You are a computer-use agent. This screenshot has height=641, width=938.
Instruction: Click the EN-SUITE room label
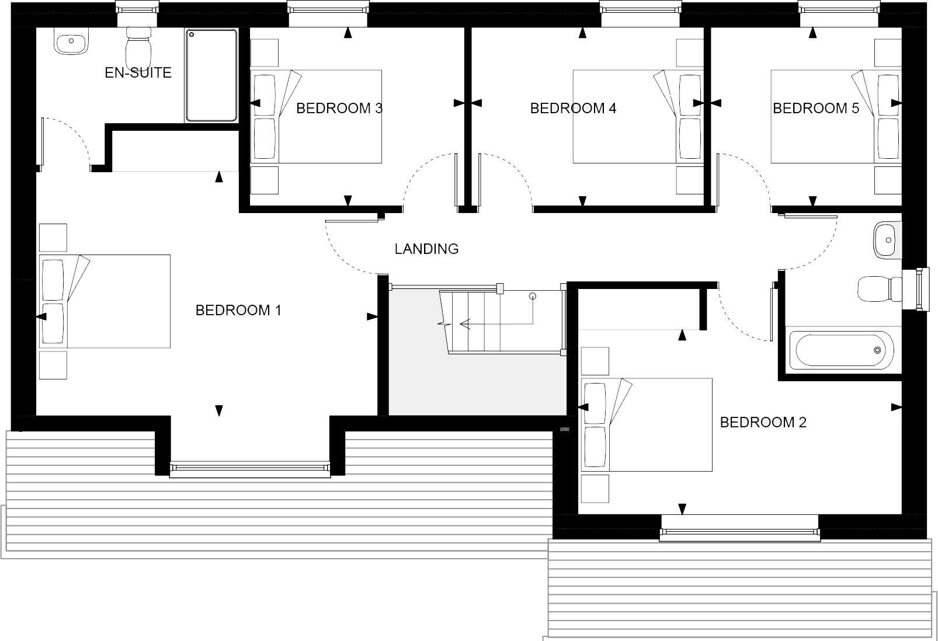point(138,73)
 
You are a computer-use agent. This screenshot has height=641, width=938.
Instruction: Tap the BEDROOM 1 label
point(238,310)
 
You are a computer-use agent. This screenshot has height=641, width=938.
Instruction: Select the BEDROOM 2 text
point(763,422)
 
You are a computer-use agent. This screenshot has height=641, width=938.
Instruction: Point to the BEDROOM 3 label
point(339,108)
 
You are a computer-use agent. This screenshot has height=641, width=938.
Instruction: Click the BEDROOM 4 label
point(573,108)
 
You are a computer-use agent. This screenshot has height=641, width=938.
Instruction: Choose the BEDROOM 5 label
point(816,108)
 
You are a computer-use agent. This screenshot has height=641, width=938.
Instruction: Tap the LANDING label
point(426,249)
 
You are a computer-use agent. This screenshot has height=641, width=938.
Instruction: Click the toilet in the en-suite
point(138,41)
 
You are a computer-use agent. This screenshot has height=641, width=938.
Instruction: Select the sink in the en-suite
point(71,41)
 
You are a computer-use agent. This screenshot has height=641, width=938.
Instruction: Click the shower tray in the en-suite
point(211,75)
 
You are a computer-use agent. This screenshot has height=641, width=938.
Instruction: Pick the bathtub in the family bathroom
point(841,350)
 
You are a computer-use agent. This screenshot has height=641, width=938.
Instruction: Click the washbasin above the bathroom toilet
point(887,240)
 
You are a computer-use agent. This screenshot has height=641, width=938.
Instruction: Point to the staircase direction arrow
point(465,323)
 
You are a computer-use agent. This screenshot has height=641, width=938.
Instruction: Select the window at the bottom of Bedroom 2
point(739,531)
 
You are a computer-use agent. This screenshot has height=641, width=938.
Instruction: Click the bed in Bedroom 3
point(316,116)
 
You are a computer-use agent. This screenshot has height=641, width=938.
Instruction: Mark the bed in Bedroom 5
point(836,116)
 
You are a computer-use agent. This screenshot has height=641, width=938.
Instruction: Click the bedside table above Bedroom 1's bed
point(53,238)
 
